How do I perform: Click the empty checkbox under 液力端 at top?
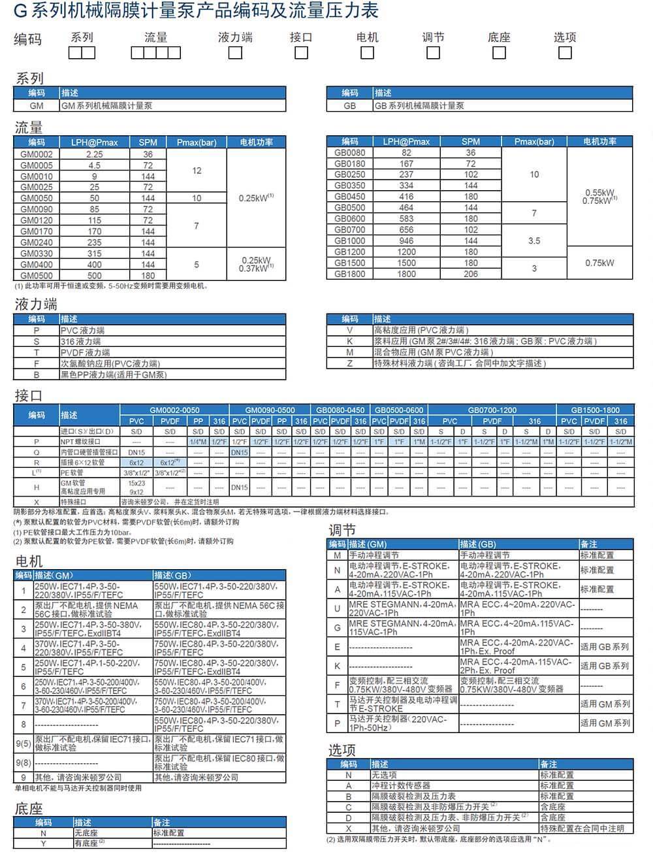[x=235, y=53]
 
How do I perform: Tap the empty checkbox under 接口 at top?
[x=301, y=53]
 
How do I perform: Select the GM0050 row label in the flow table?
[x=37, y=198]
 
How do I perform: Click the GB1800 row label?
[x=350, y=274]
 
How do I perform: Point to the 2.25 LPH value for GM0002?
[x=95, y=154]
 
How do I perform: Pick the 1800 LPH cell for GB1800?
[x=406, y=274]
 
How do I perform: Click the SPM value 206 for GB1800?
[x=471, y=274]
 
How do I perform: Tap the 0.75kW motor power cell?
[x=599, y=263]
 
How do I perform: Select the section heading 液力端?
[x=37, y=304]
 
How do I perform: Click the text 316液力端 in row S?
[x=81, y=342]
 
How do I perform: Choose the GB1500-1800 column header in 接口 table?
[x=595, y=410]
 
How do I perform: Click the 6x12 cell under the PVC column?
[x=136, y=463]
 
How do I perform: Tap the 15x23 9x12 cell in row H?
[x=136, y=487]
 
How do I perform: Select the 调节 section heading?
[x=342, y=530]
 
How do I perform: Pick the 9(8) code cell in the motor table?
[x=24, y=763]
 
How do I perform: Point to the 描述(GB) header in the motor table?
[x=173, y=575]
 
